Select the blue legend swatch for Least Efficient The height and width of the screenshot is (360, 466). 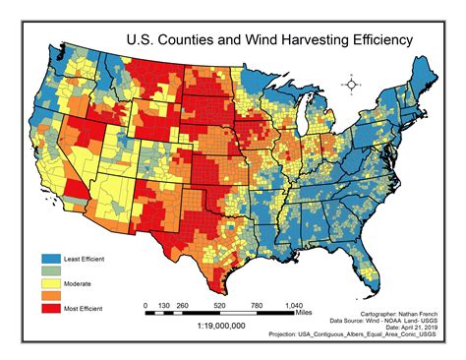(x=48, y=258)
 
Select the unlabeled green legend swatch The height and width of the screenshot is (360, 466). (x=48, y=270)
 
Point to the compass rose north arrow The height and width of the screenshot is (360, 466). (x=351, y=86)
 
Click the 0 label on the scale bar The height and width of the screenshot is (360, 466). (x=146, y=305)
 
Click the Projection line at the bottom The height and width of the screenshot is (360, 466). (x=373, y=334)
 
